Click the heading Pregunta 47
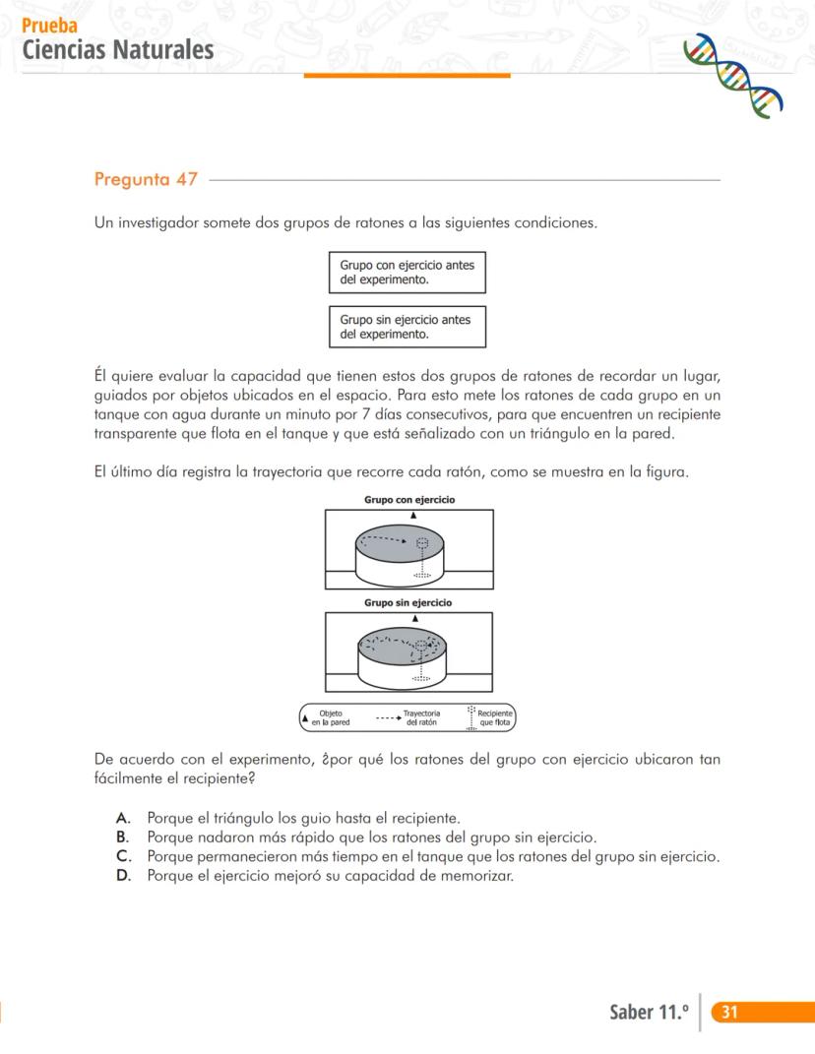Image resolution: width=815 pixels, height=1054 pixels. click(x=146, y=179)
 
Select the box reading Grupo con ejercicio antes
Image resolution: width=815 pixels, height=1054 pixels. click(x=407, y=273)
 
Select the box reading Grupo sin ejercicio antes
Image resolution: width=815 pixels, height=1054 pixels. click(x=407, y=327)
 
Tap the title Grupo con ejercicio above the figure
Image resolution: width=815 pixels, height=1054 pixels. click(x=409, y=500)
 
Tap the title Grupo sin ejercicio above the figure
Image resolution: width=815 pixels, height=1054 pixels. click(x=408, y=602)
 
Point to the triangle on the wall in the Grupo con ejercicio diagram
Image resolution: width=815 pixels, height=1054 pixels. click(x=413, y=515)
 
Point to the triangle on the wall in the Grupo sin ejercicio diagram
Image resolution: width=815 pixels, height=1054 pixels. click(x=414, y=617)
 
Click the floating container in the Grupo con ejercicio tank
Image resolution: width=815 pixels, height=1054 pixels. click(x=422, y=544)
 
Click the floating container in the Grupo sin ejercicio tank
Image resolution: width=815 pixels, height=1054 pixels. click(x=421, y=647)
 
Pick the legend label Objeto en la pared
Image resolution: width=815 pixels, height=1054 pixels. click(x=331, y=717)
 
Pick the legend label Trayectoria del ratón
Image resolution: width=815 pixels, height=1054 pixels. click(x=421, y=717)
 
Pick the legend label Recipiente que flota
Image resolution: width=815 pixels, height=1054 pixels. click(x=493, y=717)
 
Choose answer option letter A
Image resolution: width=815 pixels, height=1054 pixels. click(x=123, y=818)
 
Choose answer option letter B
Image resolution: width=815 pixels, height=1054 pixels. click(x=123, y=837)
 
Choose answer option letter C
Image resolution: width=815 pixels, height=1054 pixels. click(x=123, y=857)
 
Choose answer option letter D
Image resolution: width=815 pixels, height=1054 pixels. click(x=123, y=876)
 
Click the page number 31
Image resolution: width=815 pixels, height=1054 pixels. click(x=729, y=1012)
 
